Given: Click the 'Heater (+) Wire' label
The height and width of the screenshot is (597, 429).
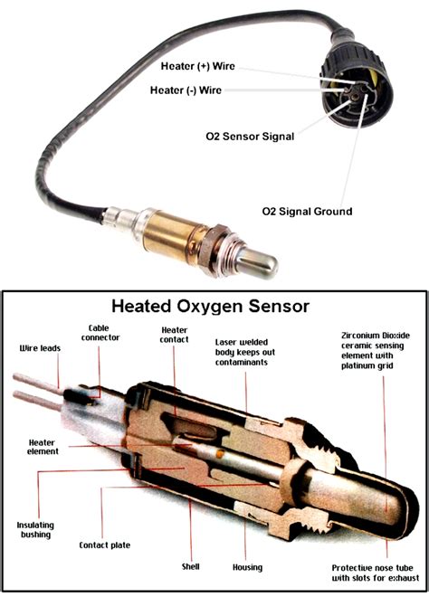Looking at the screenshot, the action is (197, 66).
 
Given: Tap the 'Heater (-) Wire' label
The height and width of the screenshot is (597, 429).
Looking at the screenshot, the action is (186, 90).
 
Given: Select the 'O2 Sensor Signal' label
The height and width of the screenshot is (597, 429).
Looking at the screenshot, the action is (250, 137).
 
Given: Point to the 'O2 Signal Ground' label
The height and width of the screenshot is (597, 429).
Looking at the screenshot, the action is (307, 212).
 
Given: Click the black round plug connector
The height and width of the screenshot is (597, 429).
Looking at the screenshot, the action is (357, 87).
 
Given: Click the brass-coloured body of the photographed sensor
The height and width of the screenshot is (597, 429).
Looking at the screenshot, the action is (169, 237).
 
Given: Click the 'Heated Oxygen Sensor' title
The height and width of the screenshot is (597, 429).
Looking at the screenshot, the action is (210, 306).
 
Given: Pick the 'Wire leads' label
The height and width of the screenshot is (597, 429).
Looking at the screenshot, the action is (40, 348).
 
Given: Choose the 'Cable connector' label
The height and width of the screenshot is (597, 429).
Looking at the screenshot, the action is (100, 333).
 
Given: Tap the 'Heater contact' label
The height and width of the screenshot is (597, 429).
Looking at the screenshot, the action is (174, 335).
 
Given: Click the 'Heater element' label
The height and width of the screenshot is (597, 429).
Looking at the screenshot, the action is (43, 447).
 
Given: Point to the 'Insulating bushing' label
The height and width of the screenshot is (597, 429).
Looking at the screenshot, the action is (35, 530).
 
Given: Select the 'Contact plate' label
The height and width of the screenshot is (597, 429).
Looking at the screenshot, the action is (104, 545).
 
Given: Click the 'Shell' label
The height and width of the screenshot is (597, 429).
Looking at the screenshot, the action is (190, 566).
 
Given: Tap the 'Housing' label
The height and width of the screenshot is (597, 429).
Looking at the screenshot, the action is (248, 567).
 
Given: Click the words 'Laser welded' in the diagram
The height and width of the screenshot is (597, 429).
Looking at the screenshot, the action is (242, 342).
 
